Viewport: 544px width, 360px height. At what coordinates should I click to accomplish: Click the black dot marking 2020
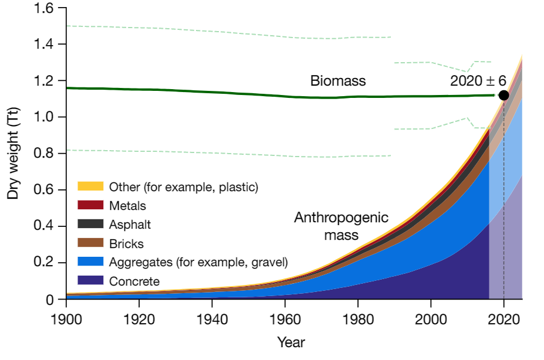(504, 95)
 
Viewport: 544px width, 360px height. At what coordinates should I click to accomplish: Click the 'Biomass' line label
(338, 81)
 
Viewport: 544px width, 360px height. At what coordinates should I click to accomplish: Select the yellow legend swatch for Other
(90, 186)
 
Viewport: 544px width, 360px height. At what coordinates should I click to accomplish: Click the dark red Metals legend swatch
(90, 205)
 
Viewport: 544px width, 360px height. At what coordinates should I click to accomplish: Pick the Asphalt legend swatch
(90, 224)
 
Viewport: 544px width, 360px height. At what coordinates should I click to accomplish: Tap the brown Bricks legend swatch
(90, 243)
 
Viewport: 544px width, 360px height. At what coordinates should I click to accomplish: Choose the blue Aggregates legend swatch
(90, 261)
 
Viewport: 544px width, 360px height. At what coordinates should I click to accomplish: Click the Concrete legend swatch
(90, 280)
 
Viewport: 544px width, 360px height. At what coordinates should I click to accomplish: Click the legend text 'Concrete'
(134, 281)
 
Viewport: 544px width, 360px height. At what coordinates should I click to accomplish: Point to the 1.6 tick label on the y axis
(44, 8)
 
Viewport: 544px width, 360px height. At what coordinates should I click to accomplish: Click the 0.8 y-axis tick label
(44, 154)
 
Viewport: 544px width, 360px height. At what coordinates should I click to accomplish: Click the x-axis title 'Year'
(291, 342)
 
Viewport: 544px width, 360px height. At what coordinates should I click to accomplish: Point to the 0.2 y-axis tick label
(44, 263)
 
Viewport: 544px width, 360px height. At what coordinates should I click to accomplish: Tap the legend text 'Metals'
(127, 206)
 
